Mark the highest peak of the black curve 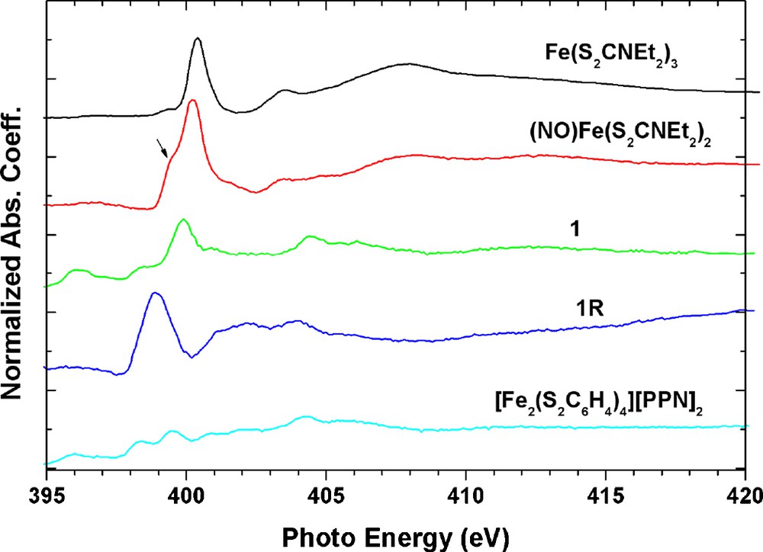coord(198,38)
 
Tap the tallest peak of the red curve coord(192,100)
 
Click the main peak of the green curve coord(182,220)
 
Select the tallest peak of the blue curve coord(155,293)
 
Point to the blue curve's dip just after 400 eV coord(192,355)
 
